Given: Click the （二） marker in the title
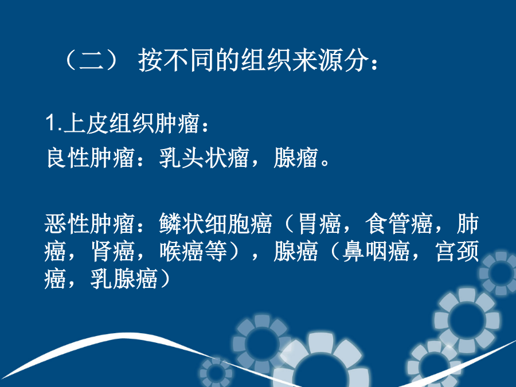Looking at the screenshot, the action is pos(91,60).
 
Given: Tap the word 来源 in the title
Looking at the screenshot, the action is pos(318,60).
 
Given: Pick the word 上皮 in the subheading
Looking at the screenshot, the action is pos(85,123).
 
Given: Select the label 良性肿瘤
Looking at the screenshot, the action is pos(91,158).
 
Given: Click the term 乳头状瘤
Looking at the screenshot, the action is pos(204,158).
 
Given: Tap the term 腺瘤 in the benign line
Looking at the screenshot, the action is pos(296,158).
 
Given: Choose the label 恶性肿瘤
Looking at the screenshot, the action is pos(90,224).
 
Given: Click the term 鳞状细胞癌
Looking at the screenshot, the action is pos(216,224).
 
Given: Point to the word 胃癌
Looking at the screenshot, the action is pos(319,224).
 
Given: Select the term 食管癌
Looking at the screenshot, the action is pos(399,224).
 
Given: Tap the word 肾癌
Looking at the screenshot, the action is pos(113,252).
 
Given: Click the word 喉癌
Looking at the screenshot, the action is pos(182,252).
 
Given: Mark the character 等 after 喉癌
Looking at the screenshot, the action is pos(216,252).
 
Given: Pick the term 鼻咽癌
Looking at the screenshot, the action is pos(376,252).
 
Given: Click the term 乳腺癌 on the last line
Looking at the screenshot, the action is pos(124,279).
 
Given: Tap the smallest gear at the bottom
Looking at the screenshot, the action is pos(216,373).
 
